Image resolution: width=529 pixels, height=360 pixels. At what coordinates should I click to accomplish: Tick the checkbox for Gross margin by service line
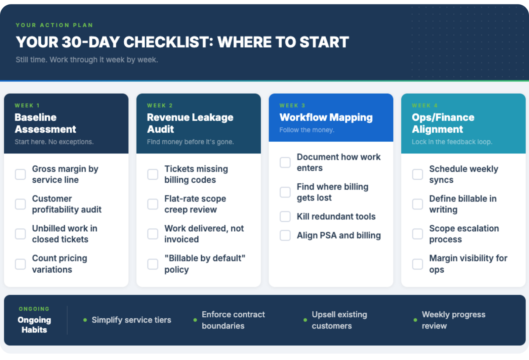tap(20, 174)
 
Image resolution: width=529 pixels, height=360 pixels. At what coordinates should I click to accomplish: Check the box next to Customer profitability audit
tap(20, 204)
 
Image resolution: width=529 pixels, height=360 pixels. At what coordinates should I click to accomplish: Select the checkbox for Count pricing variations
tap(20, 264)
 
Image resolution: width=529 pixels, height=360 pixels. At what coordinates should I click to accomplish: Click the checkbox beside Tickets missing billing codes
tap(153, 174)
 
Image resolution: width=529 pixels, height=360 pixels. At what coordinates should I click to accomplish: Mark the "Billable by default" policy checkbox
tap(153, 264)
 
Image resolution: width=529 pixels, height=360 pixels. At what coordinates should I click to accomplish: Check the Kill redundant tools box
tap(285, 216)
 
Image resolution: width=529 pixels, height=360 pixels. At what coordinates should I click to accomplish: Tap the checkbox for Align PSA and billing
tap(285, 236)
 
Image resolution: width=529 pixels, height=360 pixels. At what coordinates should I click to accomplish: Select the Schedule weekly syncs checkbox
tap(418, 174)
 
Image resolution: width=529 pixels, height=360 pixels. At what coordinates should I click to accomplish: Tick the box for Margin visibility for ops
tap(418, 264)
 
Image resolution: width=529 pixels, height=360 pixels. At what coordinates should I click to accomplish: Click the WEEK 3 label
tap(292, 106)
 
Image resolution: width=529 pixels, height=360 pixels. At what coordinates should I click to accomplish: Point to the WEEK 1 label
tap(27, 106)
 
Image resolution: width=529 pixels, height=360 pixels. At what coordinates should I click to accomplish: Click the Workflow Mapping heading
tap(326, 117)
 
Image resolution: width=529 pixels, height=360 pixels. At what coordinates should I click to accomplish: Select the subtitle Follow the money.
tap(307, 130)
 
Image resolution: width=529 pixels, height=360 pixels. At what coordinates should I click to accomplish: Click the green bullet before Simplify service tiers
tap(85, 320)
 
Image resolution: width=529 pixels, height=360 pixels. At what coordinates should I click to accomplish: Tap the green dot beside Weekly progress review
tap(415, 320)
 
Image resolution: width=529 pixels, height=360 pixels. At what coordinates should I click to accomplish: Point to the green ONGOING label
tap(34, 309)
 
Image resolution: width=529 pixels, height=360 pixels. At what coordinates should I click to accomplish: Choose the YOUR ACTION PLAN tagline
tap(55, 25)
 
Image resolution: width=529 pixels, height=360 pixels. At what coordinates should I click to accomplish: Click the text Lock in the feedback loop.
tap(452, 142)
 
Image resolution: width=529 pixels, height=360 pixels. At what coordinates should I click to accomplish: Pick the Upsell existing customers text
tap(339, 320)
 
